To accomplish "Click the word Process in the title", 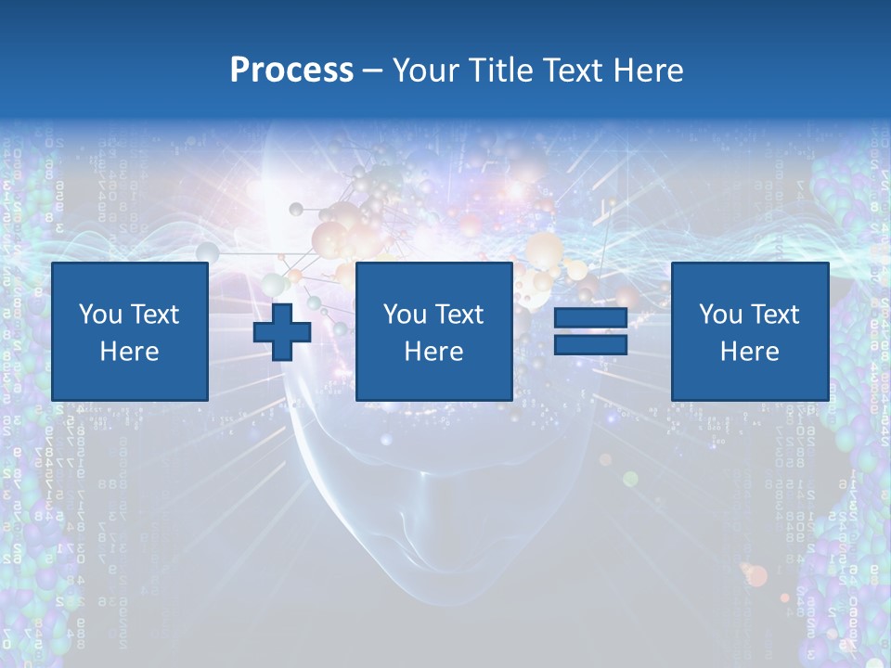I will click(291, 71).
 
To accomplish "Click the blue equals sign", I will click(590, 332).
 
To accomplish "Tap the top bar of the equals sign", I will click(590, 319).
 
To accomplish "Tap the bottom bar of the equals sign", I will click(590, 345).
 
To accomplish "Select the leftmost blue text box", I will click(130, 331).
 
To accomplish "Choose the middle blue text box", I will click(433, 331).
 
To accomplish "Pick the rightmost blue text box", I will click(749, 331).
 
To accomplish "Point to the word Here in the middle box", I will click(433, 352).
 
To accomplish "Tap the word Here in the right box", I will click(749, 352).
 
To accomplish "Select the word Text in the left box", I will click(154, 315).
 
